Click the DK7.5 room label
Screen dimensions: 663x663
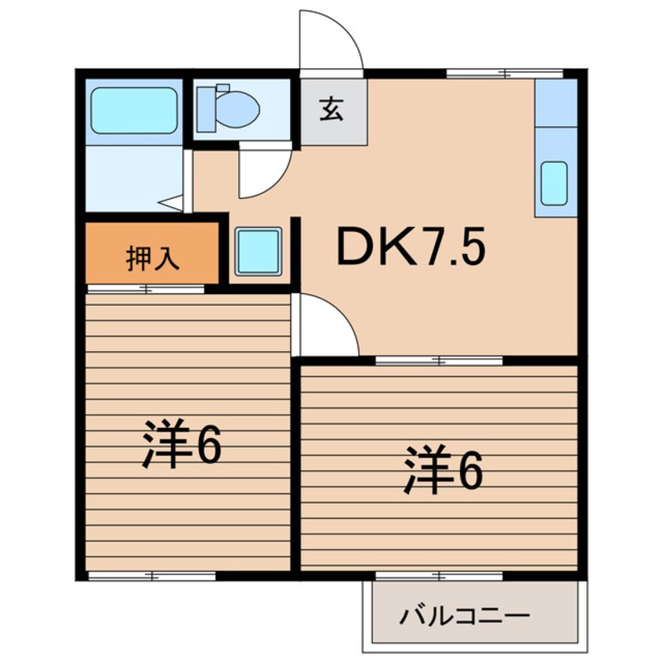411,247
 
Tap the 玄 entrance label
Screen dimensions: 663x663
331,110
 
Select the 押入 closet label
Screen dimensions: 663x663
153,258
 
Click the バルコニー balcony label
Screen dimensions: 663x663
464,617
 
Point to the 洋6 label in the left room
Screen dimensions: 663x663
181,444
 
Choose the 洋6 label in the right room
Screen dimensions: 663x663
443,469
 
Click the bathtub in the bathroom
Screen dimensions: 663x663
134,110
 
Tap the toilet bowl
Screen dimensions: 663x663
238,110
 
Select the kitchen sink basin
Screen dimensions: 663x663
554,183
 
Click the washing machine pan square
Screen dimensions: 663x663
259,252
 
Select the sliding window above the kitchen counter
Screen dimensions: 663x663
505,74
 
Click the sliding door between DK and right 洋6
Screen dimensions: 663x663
439,361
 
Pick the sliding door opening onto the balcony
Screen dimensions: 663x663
439,576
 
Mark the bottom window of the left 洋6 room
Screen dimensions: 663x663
152,576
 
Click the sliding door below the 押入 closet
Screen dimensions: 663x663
146,289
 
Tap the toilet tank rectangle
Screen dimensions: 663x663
206,110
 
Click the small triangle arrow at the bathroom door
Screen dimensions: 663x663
171,202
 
